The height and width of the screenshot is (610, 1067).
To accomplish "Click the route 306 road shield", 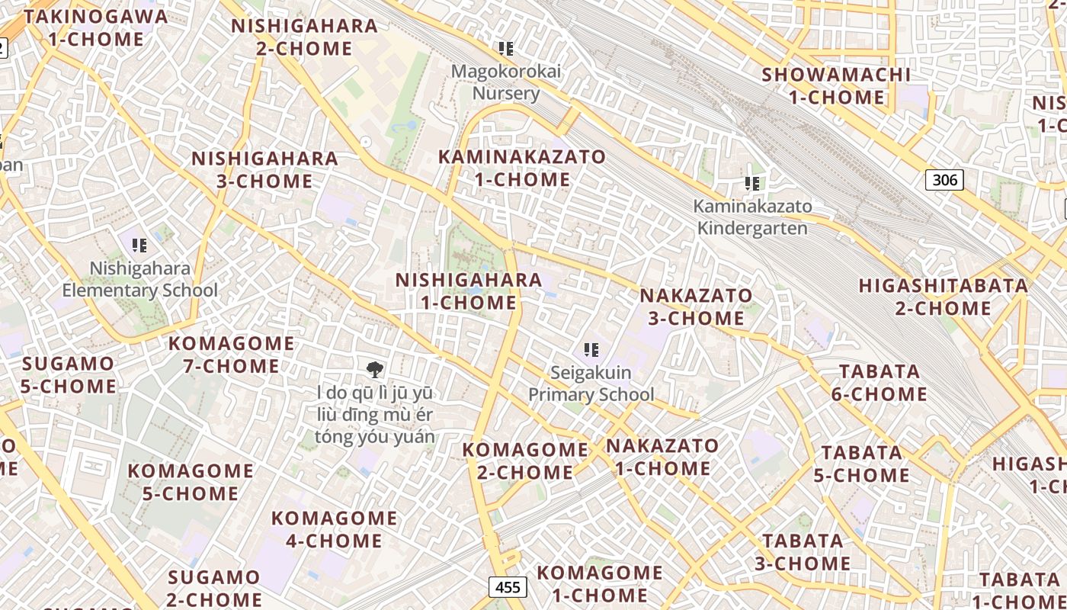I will pos(944,180).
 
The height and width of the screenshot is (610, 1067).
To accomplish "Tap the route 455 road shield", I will pos(507,587).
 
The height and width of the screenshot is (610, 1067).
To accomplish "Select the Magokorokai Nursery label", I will pos(506,82).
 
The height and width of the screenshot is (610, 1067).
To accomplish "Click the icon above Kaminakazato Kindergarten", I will pos(752,184).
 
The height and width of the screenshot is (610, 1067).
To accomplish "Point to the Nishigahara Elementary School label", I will pos(139,279).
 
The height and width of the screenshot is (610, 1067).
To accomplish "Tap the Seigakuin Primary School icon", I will pos(591,350).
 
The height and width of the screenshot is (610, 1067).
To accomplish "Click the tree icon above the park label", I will pos(374,371).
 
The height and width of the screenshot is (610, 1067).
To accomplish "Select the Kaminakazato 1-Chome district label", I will pos(522,169).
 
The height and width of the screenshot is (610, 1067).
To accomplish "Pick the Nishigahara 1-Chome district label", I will pos(469,291).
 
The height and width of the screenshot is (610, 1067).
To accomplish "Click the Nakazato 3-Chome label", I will pos(696,307).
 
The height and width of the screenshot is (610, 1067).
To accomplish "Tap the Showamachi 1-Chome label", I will pos(836,86).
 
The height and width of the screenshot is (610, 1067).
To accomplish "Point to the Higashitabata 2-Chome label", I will pos(943,297).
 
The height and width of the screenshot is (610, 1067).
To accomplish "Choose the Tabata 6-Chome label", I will pos(880,383).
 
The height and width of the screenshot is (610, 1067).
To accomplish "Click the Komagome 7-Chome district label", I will pos(231,355).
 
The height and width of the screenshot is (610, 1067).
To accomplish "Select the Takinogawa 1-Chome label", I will pos(95,27).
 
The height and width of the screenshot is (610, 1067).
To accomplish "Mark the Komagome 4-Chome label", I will pos(334,529).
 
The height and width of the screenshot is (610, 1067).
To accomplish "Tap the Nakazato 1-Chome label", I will pos(662,457).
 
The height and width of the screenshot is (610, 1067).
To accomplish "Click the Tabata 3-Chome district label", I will pos(803,552).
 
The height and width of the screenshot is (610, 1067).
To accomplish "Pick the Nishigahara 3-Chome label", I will pos(264,169).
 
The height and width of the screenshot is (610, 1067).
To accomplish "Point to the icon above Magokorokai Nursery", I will pos(505,49).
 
